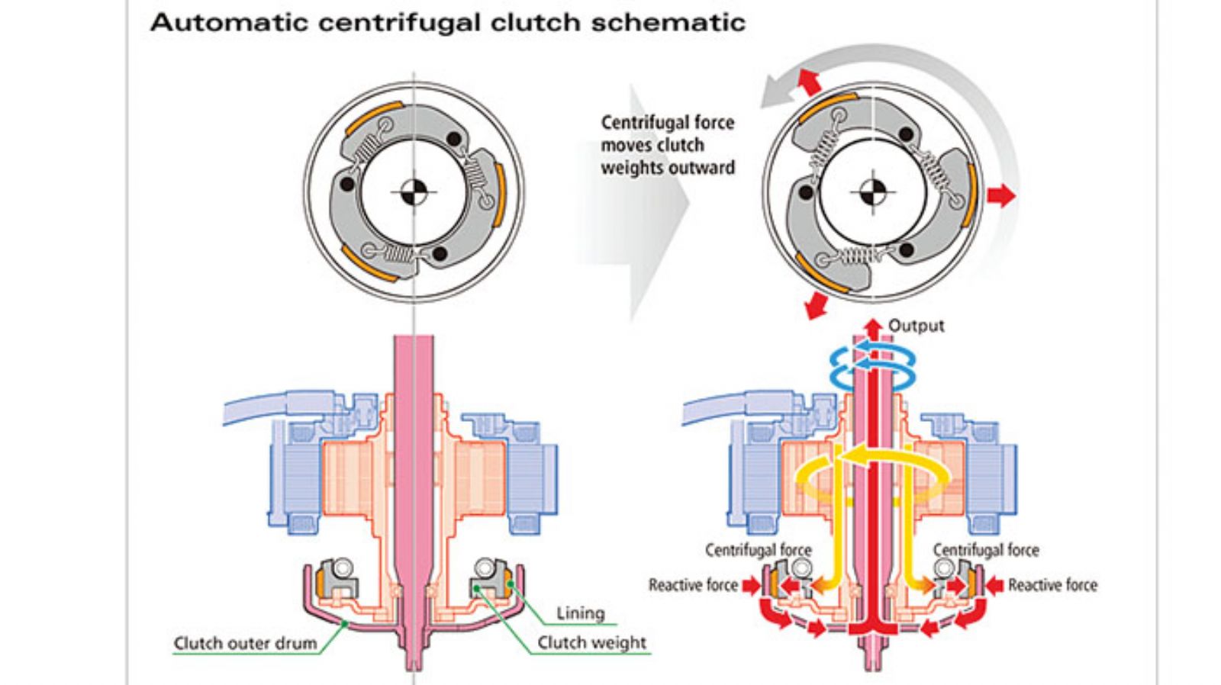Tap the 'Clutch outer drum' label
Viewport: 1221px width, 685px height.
click(x=245, y=643)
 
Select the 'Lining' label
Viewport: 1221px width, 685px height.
click(x=580, y=613)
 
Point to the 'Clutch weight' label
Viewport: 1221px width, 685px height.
click(x=591, y=642)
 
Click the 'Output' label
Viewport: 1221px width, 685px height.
click(x=916, y=326)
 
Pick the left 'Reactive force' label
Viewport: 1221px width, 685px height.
click(x=693, y=585)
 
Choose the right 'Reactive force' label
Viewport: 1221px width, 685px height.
click(x=1052, y=585)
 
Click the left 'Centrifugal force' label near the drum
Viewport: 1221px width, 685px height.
click(x=758, y=550)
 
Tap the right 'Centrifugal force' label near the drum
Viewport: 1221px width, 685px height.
click(x=986, y=550)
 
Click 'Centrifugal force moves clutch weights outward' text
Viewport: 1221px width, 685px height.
click(x=667, y=145)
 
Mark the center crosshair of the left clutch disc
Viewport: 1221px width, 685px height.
click(x=414, y=192)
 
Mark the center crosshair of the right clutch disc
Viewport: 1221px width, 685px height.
click(x=872, y=192)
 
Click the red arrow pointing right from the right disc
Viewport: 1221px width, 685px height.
click(x=1000, y=195)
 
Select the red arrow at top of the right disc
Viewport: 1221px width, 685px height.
click(x=809, y=81)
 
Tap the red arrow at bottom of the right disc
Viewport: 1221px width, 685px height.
click(x=816, y=304)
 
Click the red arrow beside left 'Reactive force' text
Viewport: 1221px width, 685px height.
click(x=752, y=585)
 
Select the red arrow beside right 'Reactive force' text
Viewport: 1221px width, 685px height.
click(x=994, y=585)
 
